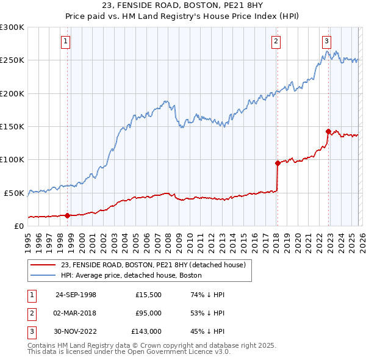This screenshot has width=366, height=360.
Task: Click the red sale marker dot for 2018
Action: point(278,163)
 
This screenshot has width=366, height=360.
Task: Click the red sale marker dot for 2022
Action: point(328,131)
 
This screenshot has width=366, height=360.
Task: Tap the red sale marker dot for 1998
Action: point(67,215)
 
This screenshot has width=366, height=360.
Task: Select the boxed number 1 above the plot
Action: point(65,41)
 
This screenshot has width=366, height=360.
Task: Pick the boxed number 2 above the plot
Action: point(276,41)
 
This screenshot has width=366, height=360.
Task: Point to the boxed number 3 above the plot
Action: point(326,41)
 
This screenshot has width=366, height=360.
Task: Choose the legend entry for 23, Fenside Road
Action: point(152,265)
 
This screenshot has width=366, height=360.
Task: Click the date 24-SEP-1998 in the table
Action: point(76,295)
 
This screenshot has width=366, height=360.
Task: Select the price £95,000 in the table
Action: point(148,313)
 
